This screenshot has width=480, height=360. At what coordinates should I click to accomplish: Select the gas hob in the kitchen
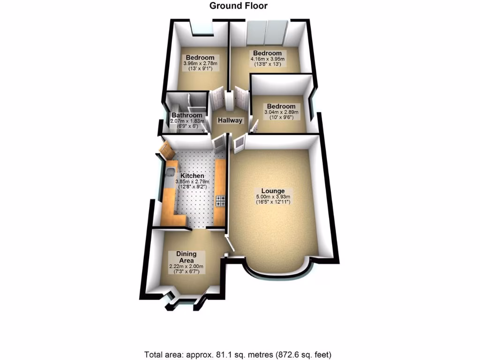click(x=219, y=201)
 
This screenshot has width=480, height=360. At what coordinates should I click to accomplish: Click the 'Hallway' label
click(x=230, y=120)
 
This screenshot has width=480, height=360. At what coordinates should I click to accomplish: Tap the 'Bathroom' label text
click(x=187, y=115)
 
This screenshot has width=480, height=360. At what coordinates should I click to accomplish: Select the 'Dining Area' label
click(x=187, y=257)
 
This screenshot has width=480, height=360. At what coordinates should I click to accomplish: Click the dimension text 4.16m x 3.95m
click(x=267, y=59)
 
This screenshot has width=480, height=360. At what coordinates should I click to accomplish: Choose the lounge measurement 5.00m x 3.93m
click(x=273, y=196)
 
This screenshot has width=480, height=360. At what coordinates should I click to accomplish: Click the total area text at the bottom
click(x=240, y=354)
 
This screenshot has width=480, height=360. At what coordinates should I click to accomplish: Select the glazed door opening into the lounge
click(x=239, y=142)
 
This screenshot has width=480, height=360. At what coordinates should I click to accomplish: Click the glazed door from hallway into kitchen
click(x=218, y=143)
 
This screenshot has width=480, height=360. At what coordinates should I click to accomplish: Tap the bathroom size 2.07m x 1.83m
click(x=187, y=121)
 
